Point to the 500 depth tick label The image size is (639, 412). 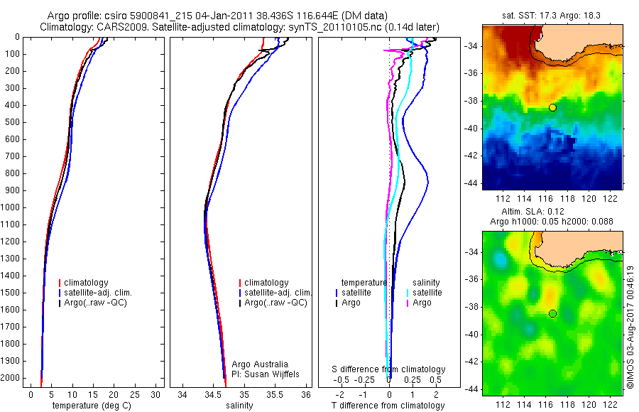(11, 122)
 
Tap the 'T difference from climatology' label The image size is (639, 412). (388, 406)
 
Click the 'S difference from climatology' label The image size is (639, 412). (389, 369)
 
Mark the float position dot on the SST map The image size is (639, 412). (552, 107)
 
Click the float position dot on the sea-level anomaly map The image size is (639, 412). (552, 313)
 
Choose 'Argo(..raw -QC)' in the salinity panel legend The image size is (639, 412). (275, 303)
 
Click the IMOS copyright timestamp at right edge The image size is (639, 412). (630, 327)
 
